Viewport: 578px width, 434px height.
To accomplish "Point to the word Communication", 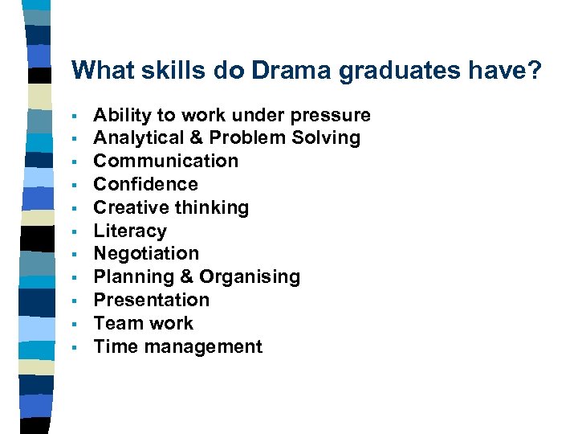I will (x=166, y=161).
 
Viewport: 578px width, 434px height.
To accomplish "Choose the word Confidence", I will (x=145, y=184).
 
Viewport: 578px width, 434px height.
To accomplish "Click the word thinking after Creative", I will (x=210, y=207).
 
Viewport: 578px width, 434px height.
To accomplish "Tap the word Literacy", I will (x=130, y=231).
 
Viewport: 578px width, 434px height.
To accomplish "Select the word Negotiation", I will (x=146, y=253).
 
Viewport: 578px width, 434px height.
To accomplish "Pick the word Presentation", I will (x=152, y=300).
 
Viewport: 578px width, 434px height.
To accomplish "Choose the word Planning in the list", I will (x=130, y=276).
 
